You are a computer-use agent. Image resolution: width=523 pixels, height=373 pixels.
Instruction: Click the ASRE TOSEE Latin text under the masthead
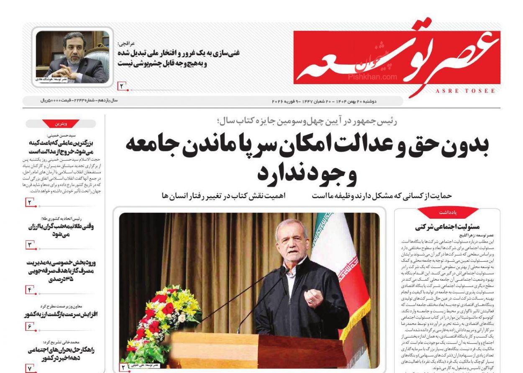point(465,91)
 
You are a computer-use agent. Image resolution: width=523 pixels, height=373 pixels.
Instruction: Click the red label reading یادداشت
point(448,213)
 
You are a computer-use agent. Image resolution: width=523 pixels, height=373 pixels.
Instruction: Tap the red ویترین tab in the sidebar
point(61,124)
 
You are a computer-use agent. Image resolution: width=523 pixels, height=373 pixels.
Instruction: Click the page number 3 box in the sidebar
point(30,245)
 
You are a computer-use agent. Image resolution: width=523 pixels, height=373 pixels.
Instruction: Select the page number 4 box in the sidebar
point(30,289)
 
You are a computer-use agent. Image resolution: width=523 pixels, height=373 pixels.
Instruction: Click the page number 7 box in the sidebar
point(30,368)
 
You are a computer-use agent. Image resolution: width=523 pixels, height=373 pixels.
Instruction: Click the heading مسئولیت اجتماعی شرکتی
point(447,227)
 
